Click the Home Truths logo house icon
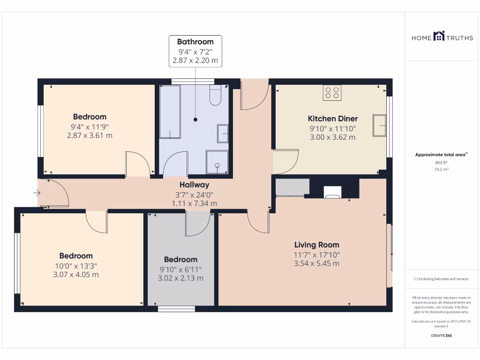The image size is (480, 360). click(439, 36)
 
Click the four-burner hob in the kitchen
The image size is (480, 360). click(332, 92)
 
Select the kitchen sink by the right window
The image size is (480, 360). click(379, 125)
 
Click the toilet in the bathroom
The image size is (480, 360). click(215, 96)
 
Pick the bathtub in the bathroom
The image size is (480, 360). click(170, 112)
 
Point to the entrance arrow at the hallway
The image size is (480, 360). click(37, 192)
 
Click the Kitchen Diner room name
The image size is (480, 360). click(332, 119)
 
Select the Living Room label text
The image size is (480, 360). click(316, 245)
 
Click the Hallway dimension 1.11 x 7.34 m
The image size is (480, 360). click(195, 203)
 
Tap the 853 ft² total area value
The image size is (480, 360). click(439, 163)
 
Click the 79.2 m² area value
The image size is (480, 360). click(439, 169)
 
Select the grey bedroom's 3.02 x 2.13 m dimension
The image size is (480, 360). click(180, 278)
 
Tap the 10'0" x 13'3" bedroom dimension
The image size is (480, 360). click(76, 265)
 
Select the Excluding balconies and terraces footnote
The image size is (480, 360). click(440, 279)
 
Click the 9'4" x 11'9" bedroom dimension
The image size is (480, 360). click(90, 127)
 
